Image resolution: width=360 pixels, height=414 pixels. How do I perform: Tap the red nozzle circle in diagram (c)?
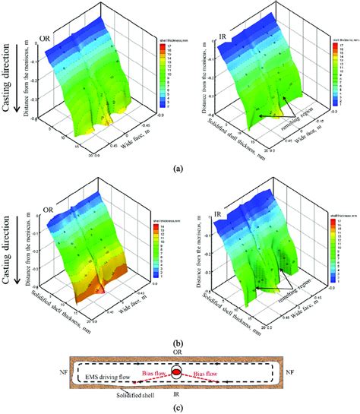click(175, 372)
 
